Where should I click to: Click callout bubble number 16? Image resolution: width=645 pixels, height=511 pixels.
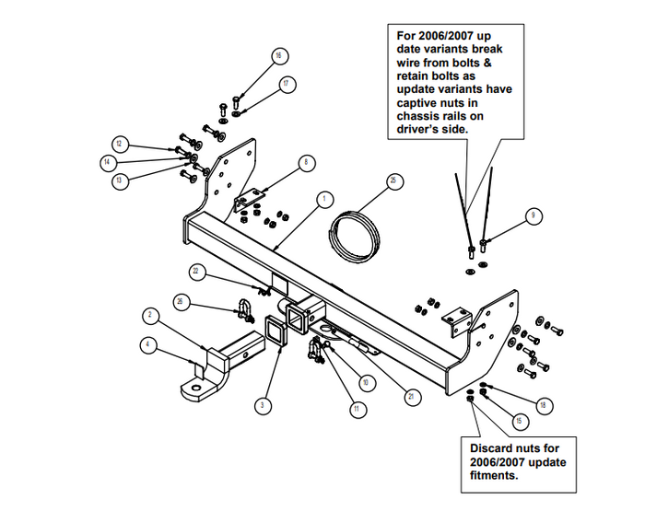click(x=276, y=55)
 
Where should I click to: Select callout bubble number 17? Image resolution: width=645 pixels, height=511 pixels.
click(x=287, y=84)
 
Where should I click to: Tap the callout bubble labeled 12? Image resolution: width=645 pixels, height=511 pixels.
click(x=120, y=144)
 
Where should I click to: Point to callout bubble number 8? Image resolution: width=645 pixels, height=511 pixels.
click(x=304, y=163)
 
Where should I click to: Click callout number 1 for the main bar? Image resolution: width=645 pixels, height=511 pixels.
click(x=324, y=198)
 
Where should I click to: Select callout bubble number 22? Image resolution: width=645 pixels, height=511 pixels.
click(x=196, y=271)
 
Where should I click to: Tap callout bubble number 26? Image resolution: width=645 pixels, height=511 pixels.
click(x=182, y=301)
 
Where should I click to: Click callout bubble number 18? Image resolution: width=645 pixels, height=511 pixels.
click(x=543, y=403)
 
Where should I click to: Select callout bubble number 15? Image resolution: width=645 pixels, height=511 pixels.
click(x=520, y=421)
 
